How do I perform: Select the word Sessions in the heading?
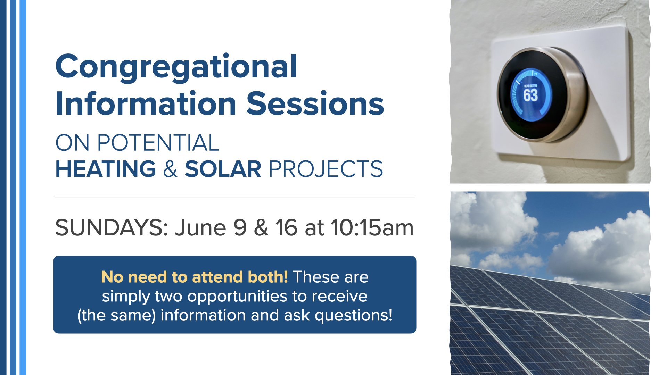pyautogui.click(x=315, y=103)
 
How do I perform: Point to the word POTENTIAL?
pyautogui.click(x=158, y=143)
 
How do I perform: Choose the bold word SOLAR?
pyautogui.click(x=223, y=169)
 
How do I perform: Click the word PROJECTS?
pyautogui.click(x=326, y=169)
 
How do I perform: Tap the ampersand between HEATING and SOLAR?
pyautogui.click(x=170, y=169)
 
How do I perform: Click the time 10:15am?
pyautogui.click(x=372, y=228)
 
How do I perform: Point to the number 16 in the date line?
pyautogui.click(x=286, y=228)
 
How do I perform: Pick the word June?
pyautogui.click(x=200, y=228)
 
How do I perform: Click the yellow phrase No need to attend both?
pyautogui.click(x=195, y=277)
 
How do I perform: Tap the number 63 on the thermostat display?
pyautogui.click(x=530, y=95)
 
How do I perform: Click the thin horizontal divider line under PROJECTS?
pyautogui.click(x=235, y=197)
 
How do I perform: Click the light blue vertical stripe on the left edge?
pyautogui.click(x=23, y=187)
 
